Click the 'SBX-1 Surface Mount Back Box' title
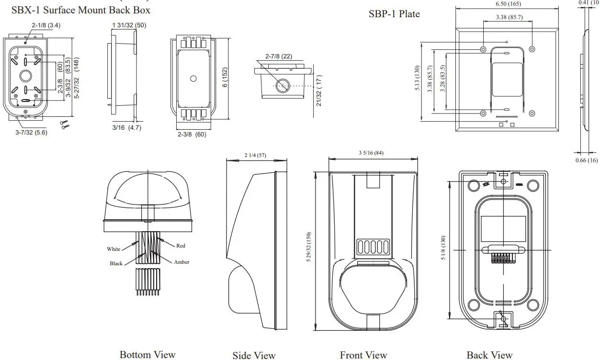tap(80, 10)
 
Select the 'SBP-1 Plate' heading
tap(394, 14)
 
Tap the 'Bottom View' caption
tap(147, 354)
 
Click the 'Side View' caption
tap(254, 355)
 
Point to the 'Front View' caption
tap(363, 355)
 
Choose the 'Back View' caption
tap(489, 355)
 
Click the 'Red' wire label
tap(181, 246)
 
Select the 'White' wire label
tap(113, 249)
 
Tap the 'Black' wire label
tap(116, 263)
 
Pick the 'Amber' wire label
tap(181, 262)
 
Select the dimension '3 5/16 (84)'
tap(371, 153)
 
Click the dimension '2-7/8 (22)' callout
tap(278, 56)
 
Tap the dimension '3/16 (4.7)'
tap(126, 128)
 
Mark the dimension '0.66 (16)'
tap(586, 160)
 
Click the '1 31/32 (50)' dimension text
tap(129, 25)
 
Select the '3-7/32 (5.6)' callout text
tap(31, 133)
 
